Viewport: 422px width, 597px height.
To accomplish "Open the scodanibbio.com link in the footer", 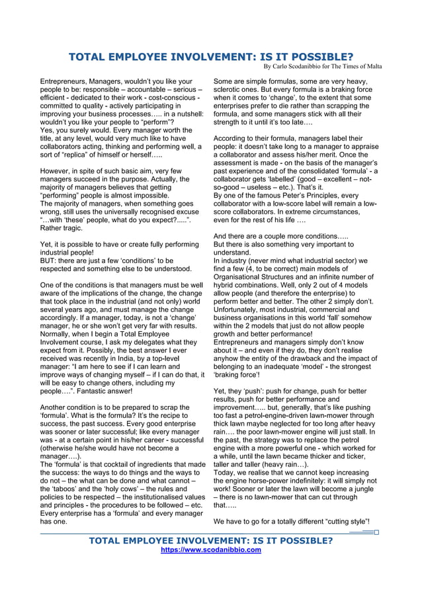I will click(x=211, y=549).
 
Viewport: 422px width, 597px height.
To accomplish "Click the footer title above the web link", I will click(x=211, y=540).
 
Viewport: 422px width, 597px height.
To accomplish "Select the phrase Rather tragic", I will click(x=62, y=228).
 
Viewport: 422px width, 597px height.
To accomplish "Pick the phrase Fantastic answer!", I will click(x=99, y=391).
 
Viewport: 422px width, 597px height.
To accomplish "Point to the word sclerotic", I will click(x=230, y=89).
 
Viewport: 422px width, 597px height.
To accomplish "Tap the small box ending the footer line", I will click(x=376, y=532).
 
